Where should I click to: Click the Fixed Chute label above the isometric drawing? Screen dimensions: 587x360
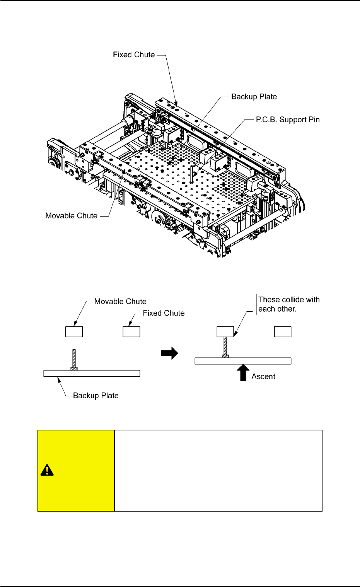click(134, 55)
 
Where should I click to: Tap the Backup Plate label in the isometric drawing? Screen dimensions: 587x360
click(254, 97)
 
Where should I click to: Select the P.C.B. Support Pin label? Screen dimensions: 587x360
click(288, 120)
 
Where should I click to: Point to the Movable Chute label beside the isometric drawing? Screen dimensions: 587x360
click(72, 216)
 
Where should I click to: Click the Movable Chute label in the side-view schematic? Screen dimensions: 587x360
click(120, 302)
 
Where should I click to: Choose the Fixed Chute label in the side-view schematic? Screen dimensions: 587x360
click(164, 313)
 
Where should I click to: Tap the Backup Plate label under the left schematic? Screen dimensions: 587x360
click(96, 396)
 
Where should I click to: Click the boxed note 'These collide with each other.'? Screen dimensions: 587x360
click(289, 304)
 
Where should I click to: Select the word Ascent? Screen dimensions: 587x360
click(263, 377)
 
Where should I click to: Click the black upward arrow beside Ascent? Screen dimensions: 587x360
click(243, 372)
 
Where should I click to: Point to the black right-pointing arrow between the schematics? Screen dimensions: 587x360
click(169, 353)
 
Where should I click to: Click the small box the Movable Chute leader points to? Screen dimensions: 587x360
click(74, 332)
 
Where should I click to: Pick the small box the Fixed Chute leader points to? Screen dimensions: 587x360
click(131, 332)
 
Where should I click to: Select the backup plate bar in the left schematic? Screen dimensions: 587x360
click(92, 374)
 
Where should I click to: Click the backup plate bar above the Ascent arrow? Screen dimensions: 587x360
click(242, 361)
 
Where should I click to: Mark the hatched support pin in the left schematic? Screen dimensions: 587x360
click(74, 360)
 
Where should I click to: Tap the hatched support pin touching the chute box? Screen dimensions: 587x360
click(225, 346)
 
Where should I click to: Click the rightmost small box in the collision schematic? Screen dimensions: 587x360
click(283, 332)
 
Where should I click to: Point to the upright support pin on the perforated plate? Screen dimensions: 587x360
click(192, 174)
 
